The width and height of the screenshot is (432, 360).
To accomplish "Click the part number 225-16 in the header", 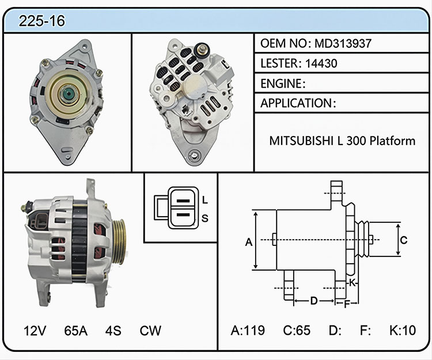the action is [x=42, y=21].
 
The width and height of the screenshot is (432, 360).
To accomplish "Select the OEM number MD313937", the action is [x=343, y=43].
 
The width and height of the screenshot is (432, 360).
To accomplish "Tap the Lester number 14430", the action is [x=321, y=63].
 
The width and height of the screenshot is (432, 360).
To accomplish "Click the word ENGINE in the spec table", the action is [x=281, y=84].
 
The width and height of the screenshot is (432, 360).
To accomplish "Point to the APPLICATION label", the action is [x=297, y=103].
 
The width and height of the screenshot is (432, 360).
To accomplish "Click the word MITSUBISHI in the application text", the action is [x=301, y=141].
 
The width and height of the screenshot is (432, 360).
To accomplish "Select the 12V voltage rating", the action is [x=35, y=331].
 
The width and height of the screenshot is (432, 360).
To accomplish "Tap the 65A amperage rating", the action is [x=76, y=331].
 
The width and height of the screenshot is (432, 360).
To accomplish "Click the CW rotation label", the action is [x=150, y=331].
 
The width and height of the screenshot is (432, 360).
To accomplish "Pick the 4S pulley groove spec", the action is [x=113, y=331].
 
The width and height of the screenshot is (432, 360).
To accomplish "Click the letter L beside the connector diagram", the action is [x=204, y=200].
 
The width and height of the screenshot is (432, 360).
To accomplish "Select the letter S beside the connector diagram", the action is [x=204, y=218].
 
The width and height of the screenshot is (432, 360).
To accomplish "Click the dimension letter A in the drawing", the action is [x=249, y=242].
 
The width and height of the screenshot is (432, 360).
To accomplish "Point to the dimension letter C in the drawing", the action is [x=404, y=240].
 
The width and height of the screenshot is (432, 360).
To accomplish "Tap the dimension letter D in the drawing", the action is [x=314, y=301].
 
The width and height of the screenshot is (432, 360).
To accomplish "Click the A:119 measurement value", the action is [x=248, y=330].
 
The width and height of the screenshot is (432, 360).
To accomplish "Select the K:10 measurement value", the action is [x=403, y=330].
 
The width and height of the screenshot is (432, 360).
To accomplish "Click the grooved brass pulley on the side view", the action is [x=119, y=242].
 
